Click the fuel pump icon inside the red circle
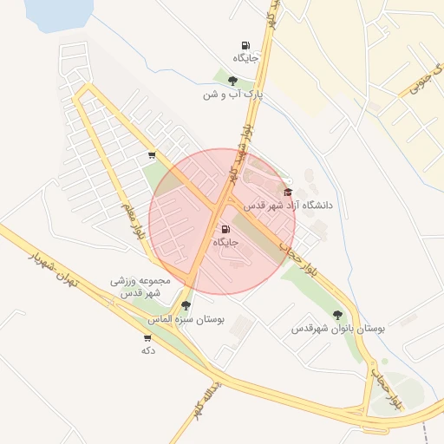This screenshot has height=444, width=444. [226, 229]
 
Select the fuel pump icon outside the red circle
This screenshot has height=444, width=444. [245, 45]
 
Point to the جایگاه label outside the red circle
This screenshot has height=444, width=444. [245, 58]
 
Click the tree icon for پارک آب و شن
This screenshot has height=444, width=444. [232, 81]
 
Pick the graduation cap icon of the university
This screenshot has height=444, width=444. [289, 192]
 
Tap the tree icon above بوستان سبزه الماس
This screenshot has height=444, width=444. [186, 306]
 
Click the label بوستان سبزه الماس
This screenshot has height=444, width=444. [186, 320]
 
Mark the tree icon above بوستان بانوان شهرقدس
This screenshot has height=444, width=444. [337, 315]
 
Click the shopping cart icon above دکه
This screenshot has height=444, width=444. [147, 337]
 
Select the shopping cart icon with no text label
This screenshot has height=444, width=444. [152, 156]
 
